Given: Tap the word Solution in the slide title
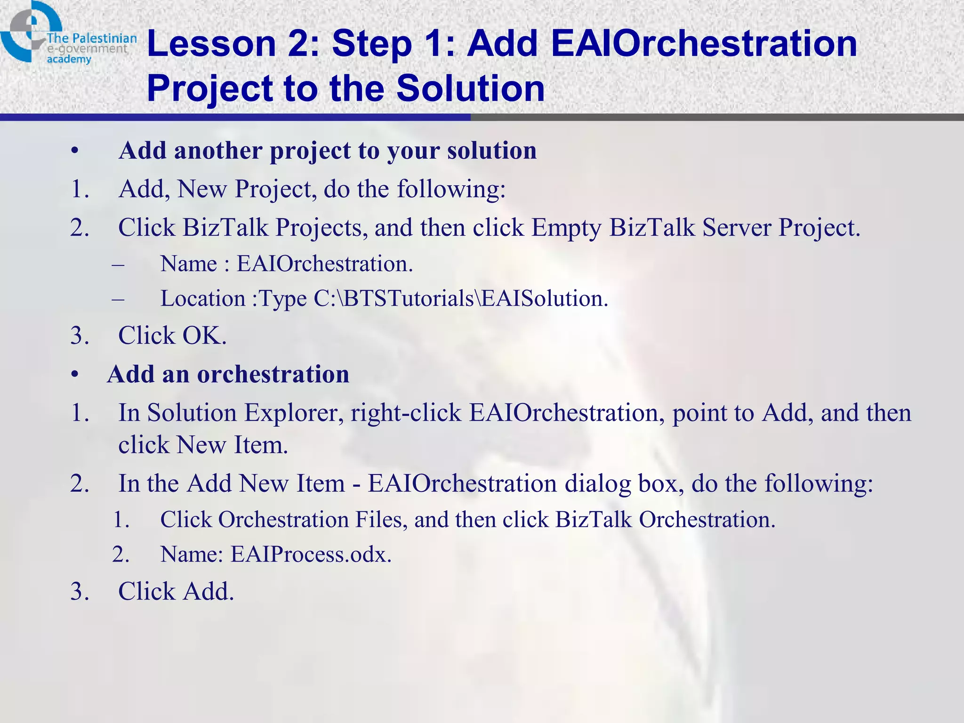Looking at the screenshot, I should coord(470,88).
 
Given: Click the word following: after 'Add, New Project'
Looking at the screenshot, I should coord(451,189).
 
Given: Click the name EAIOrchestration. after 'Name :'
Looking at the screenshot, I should coord(324,264).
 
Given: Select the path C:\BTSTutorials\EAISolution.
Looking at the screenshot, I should coord(460,298).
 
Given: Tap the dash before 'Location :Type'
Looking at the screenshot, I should coord(118,298).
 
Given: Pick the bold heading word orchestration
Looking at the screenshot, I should coord(273,375).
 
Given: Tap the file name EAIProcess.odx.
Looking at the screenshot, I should coord(311,554).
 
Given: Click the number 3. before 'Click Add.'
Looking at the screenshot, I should coord(80,592).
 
